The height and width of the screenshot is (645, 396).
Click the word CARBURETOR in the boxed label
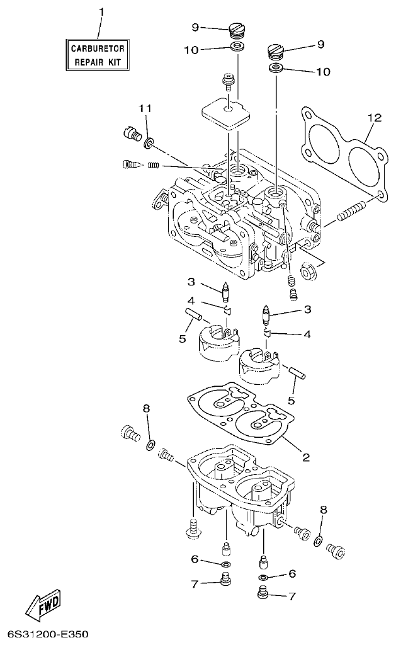(98, 49)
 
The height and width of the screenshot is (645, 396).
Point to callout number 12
(375, 117)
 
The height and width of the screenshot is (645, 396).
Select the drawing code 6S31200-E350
(49, 632)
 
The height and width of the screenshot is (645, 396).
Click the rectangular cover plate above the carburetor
(226, 114)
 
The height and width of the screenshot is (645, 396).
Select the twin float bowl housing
(239, 491)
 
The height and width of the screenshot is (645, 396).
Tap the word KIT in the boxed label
(117, 62)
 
